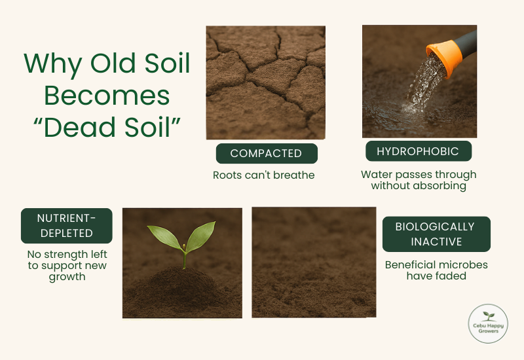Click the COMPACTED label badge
[267, 153]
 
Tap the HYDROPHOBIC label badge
[418, 151]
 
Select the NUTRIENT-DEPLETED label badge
[66, 225]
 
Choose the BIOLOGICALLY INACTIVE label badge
[436, 234]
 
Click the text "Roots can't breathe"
[264, 175]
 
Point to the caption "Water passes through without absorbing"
[419, 180]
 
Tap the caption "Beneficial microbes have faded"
[436, 270]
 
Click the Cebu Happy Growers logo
[488, 323]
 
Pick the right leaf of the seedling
[201, 234]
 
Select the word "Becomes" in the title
[106, 96]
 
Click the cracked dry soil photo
[265, 82]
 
